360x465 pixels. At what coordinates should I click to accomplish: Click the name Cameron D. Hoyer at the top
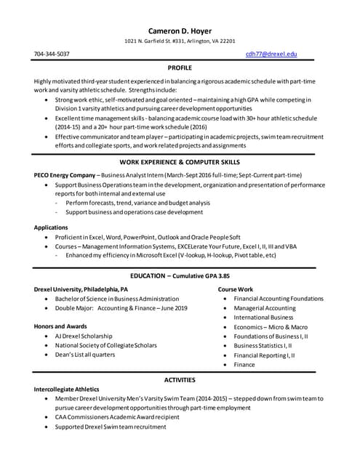[179, 31]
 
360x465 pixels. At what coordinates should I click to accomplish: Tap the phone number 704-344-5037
[52, 54]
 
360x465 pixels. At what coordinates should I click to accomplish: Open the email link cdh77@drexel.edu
[271, 54]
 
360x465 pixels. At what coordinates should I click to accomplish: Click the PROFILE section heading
[180, 67]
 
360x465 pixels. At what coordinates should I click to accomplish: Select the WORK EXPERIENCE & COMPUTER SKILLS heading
[180, 161]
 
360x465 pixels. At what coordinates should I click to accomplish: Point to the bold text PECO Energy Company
[65, 176]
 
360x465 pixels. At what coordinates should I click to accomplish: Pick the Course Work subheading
[236, 289]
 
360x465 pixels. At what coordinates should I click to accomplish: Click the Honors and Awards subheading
[60, 326]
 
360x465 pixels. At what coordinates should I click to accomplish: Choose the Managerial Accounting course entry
[265, 308]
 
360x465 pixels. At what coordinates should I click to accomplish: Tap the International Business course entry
[263, 318]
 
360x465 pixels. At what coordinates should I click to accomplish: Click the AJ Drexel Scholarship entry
[84, 336]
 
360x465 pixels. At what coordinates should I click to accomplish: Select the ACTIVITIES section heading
[180, 379]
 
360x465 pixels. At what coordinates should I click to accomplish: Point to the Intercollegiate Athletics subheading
[69, 389]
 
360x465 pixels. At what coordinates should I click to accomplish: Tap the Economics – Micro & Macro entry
[271, 327]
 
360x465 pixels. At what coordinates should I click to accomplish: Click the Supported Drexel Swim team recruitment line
[111, 427]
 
